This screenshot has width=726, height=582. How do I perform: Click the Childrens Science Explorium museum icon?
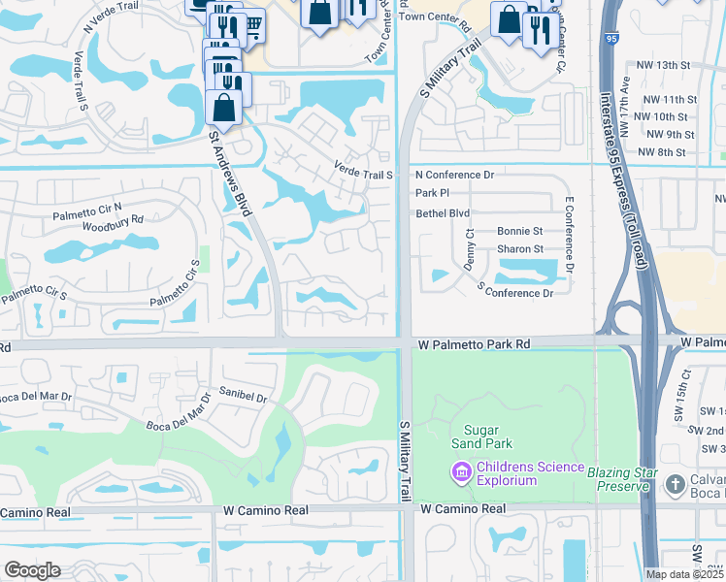[x=460, y=472]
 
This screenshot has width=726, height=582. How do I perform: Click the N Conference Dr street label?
[x=455, y=175]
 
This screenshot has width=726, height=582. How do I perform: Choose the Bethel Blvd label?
[x=443, y=212]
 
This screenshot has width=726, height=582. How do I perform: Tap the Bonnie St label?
[x=519, y=231]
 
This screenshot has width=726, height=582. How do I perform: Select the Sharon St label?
[x=519, y=249]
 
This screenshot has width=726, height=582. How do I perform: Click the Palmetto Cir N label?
[x=88, y=206]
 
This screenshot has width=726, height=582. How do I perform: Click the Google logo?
[x=32, y=570]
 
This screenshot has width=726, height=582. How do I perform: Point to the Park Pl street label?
[x=432, y=194]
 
